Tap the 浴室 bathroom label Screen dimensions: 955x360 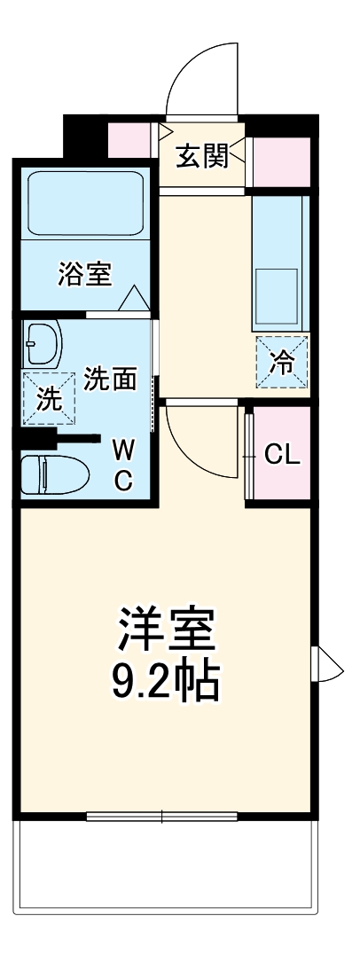(85, 275)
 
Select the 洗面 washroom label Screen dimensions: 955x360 (110, 380)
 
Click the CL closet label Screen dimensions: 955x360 (283, 456)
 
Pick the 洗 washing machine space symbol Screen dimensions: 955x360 (50, 399)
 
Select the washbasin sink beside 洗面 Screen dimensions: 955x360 (42, 344)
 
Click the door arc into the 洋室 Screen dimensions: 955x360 (197, 439)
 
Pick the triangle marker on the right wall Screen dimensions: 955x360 (329, 662)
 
